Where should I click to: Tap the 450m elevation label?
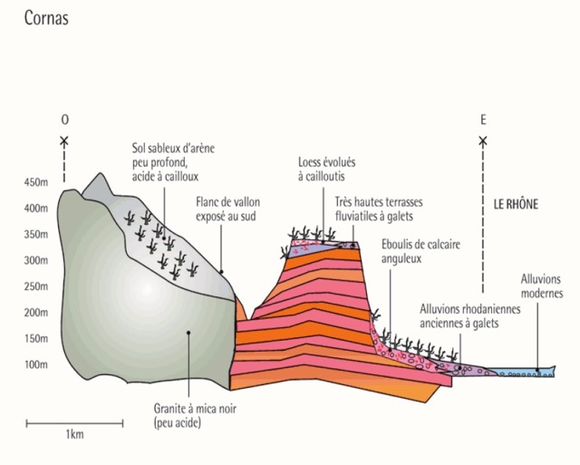pos(36,182)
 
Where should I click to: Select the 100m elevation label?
pos(36,364)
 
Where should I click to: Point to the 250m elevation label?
pos(36,286)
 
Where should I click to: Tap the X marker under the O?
pos(63,140)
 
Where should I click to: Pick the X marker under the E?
pos(483,140)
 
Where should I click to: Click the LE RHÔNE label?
pos(516,205)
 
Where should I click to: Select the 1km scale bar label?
pos(75,436)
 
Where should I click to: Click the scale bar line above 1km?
pos(74,422)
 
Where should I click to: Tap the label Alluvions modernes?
pos(542,286)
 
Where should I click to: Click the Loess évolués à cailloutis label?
pos(326,170)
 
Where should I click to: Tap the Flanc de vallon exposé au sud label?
pos(225,208)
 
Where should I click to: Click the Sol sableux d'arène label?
pos(174,161)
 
